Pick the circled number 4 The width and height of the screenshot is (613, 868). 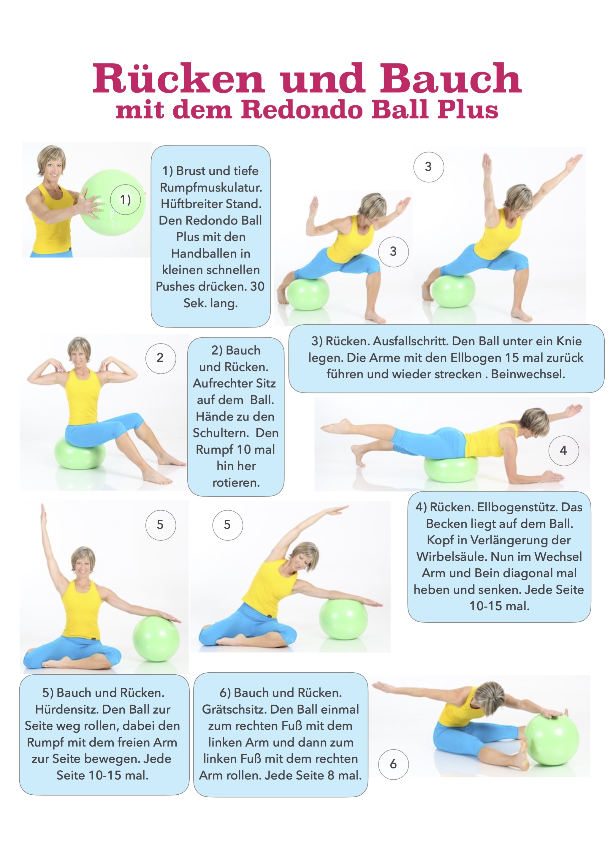pyautogui.click(x=563, y=451)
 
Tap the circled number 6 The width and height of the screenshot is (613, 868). pyautogui.click(x=393, y=764)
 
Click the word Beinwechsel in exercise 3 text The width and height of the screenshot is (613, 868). pyautogui.click(x=528, y=374)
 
